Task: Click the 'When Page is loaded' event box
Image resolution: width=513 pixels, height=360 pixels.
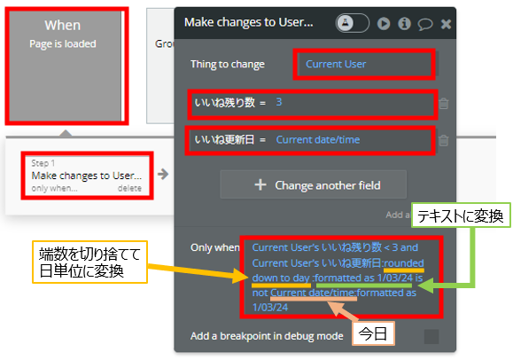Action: coord(65,66)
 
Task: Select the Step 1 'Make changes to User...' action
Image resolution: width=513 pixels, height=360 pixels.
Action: coord(87,176)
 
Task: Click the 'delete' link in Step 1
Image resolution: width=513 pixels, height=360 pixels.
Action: coord(129,188)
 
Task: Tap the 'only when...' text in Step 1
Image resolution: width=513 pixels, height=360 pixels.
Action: coord(54,188)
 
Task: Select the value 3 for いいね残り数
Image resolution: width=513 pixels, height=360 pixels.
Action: coord(279,102)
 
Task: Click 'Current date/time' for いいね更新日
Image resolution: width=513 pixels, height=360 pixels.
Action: coord(318,140)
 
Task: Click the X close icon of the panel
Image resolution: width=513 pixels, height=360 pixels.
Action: coord(446,24)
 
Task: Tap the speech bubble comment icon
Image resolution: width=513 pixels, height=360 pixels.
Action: coord(425,24)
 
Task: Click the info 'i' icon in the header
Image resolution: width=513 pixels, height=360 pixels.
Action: coord(404,24)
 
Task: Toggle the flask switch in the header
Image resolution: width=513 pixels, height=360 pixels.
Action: coord(353,23)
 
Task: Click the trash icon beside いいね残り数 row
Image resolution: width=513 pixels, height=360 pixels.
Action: coord(443,104)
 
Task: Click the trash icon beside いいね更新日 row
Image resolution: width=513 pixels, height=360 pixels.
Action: coord(443,140)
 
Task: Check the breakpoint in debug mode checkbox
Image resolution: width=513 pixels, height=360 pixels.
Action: coord(431,336)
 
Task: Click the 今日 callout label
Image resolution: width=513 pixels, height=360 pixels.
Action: coord(373,333)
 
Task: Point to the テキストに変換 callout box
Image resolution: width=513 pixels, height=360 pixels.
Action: coord(461,215)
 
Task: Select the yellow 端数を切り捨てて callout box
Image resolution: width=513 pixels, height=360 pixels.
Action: coord(90,262)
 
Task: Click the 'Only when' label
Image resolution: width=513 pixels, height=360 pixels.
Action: coord(214,247)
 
